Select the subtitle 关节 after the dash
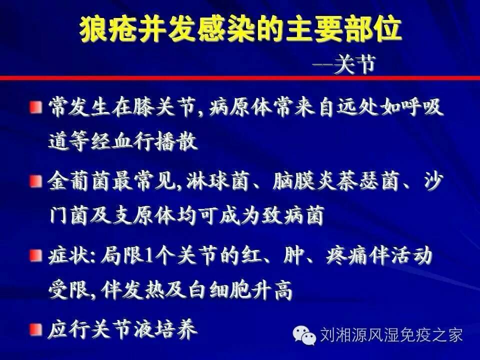[x=354, y=65]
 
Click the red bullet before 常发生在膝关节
[x=36, y=107]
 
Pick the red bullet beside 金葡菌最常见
[x=36, y=181]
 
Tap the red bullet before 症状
[x=36, y=255]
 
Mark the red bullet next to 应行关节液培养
[x=36, y=329]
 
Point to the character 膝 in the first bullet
[x=144, y=107]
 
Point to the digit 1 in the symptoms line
[x=149, y=256]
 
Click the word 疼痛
[x=346, y=256]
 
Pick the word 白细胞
[x=219, y=289]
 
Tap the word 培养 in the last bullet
[x=176, y=329]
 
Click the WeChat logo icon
[x=304, y=335]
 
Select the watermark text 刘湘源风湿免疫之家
[x=391, y=334]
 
